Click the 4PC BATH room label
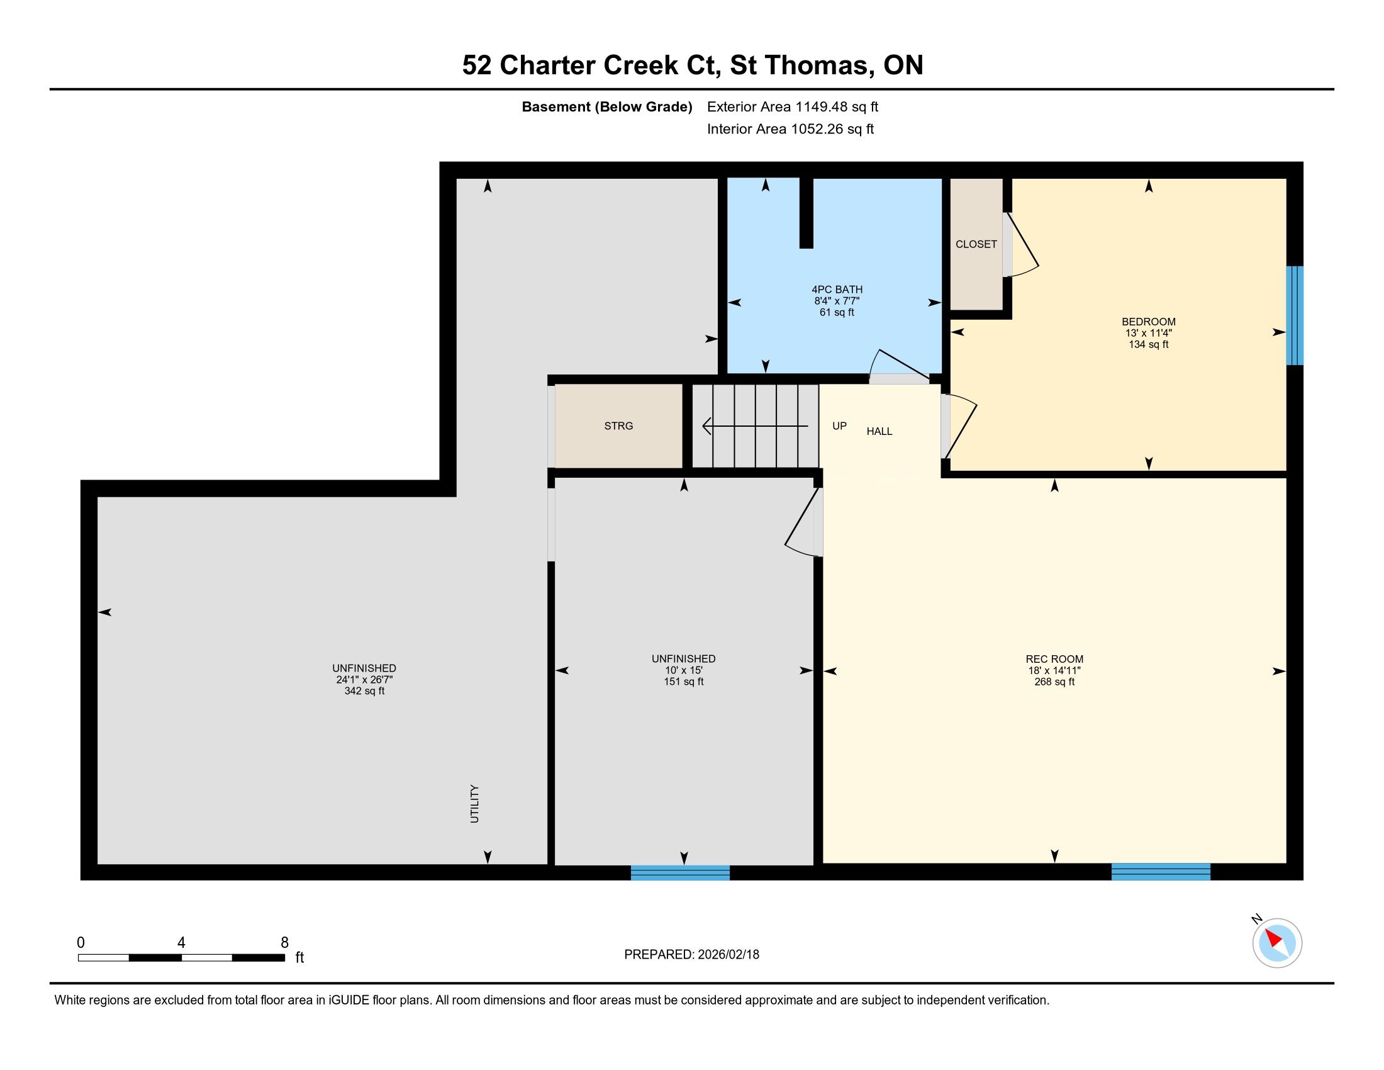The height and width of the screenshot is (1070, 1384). (837, 290)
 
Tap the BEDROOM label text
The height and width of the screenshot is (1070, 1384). (1148, 322)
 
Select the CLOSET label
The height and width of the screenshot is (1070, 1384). (976, 244)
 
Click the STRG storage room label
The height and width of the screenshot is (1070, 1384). (618, 426)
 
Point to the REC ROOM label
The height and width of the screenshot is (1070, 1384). (1054, 659)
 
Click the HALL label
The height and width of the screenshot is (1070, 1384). (879, 431)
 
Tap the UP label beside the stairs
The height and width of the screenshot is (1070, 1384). (840, 426)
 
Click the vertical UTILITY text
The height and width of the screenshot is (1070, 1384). (474, 804)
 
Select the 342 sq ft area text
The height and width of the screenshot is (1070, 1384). (364, 691)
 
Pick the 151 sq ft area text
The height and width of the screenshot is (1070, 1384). (684, 682)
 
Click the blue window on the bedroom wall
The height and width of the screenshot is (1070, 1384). (1295, 316)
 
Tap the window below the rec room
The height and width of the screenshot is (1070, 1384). (1161, 872)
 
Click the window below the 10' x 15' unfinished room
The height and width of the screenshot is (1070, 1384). (681, 872)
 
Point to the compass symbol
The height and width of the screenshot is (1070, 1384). (1276, 943)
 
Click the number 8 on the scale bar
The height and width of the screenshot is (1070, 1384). (284, 943)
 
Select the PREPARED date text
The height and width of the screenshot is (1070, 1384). (691, 955)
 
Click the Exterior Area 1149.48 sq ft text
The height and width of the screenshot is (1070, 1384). (793, 106)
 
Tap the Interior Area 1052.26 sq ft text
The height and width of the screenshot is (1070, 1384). (790, 128)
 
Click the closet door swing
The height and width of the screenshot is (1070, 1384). (1022, 246)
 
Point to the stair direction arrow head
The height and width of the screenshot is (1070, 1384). (707, 426)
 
